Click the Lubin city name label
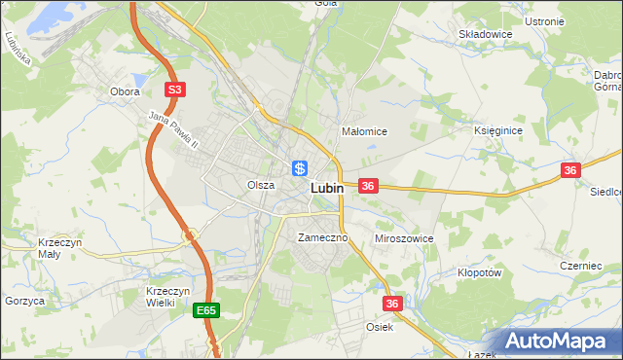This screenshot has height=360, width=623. (326, 189)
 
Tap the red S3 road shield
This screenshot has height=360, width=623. (174, 90)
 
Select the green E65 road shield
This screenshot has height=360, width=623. (205, 310)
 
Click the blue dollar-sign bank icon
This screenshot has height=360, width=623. (300, 167)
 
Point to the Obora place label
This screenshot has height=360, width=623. (125, 91)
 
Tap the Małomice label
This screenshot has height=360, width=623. (365, 131)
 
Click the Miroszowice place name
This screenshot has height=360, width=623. (403, 238)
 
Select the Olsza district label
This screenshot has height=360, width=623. (260, 185)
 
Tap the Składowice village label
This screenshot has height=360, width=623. (486, 33)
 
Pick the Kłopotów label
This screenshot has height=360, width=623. (479, 273)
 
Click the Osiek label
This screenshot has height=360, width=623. (380, 327)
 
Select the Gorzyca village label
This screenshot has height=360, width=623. (24, 302)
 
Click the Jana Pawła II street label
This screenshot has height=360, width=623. (173, 130)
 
